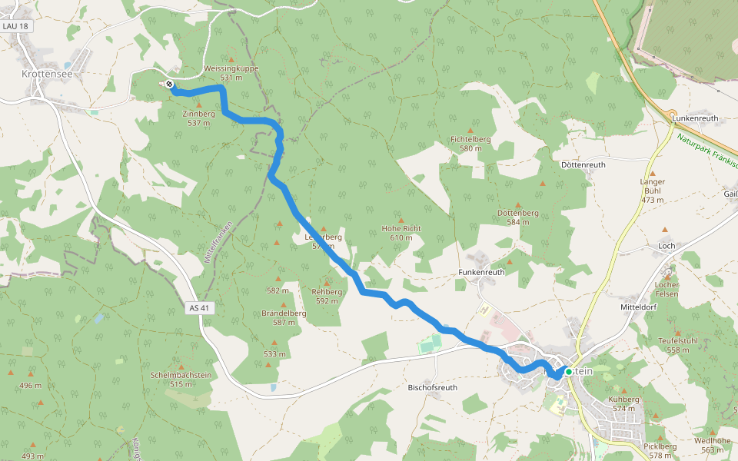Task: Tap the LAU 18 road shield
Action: (x=15, y=26)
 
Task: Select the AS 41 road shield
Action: (x=198, y=307)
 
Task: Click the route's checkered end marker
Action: (x=168, y=85)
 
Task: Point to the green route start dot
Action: (x=568, y=371)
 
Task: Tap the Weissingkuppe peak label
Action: (x=231, y=68)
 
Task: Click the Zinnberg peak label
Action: (x=198, y=114)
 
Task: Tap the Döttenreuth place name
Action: (x=583, y=164)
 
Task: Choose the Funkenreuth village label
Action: (x=481, y=272)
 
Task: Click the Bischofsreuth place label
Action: (x=432, y=388)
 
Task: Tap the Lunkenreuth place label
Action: (x=695, y=118)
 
